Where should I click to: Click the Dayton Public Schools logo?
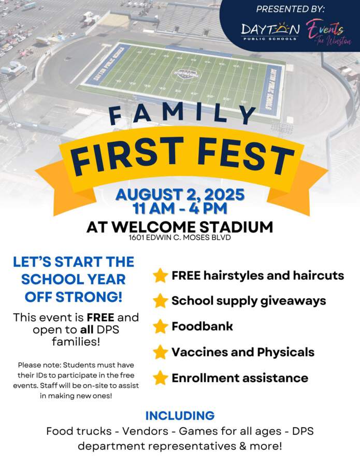[x=270, y=31]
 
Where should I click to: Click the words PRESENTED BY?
[x=291, y=9]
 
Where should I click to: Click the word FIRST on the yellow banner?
[x=127, y=156]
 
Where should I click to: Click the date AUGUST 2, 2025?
[x=180, y=195]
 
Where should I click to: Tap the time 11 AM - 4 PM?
[x=180, y=208]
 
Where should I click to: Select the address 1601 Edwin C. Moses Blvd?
[x=180, y=238]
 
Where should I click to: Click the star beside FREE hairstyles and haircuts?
[x=161, y=275]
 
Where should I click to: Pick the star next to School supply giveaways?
[x=161, y=301]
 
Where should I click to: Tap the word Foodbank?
[x=202, y=326]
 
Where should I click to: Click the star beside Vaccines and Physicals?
[x=161, y=352]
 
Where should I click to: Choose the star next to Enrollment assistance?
[x=161, y=378]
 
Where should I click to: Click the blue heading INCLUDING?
[x=180, y=415]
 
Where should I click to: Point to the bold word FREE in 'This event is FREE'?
[x=100, y=318]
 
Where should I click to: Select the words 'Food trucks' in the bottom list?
[x=79, y=431]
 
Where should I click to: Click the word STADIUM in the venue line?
[x=236, y=227]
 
